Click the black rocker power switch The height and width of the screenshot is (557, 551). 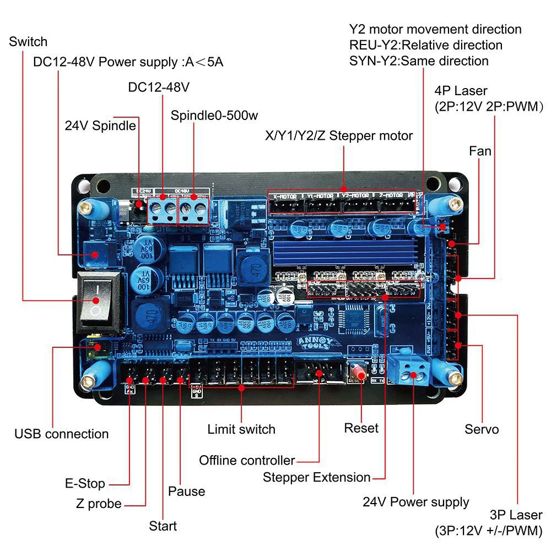(x=96, y=299)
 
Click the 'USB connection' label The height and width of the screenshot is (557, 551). (x=61, y=434)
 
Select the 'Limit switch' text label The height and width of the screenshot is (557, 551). (x=241, y=429)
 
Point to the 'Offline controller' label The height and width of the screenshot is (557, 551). (x=247, y=460)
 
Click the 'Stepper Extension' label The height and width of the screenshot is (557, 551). (x=316, y=477)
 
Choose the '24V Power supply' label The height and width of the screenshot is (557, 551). (x=415, y=501)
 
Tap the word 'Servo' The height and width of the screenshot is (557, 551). (x=482, y=429)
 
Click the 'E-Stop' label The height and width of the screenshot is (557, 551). (x=84, y=484)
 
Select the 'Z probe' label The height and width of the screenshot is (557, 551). (x=99, y=503)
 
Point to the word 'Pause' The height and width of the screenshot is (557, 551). (x=186, y=491)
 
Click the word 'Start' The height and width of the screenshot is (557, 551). (x=163, y=526)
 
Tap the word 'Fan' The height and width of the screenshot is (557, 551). (x=480, y=150)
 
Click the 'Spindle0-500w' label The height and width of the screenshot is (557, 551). (x=214, y=116)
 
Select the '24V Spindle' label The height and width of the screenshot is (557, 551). (x=100, y=125)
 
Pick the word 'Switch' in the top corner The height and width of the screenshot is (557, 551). (x=28, y=42)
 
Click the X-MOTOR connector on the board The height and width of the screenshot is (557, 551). (x=285, y=204)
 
